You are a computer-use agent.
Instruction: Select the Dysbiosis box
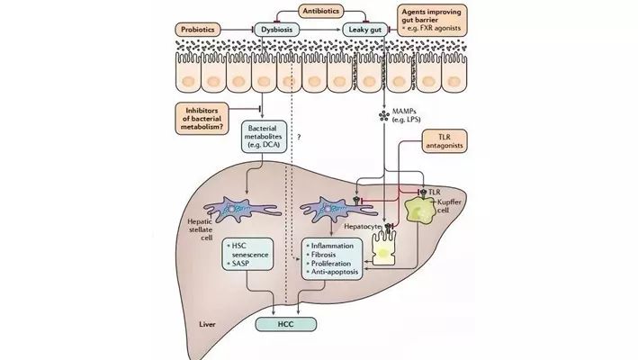pos(276,29)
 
